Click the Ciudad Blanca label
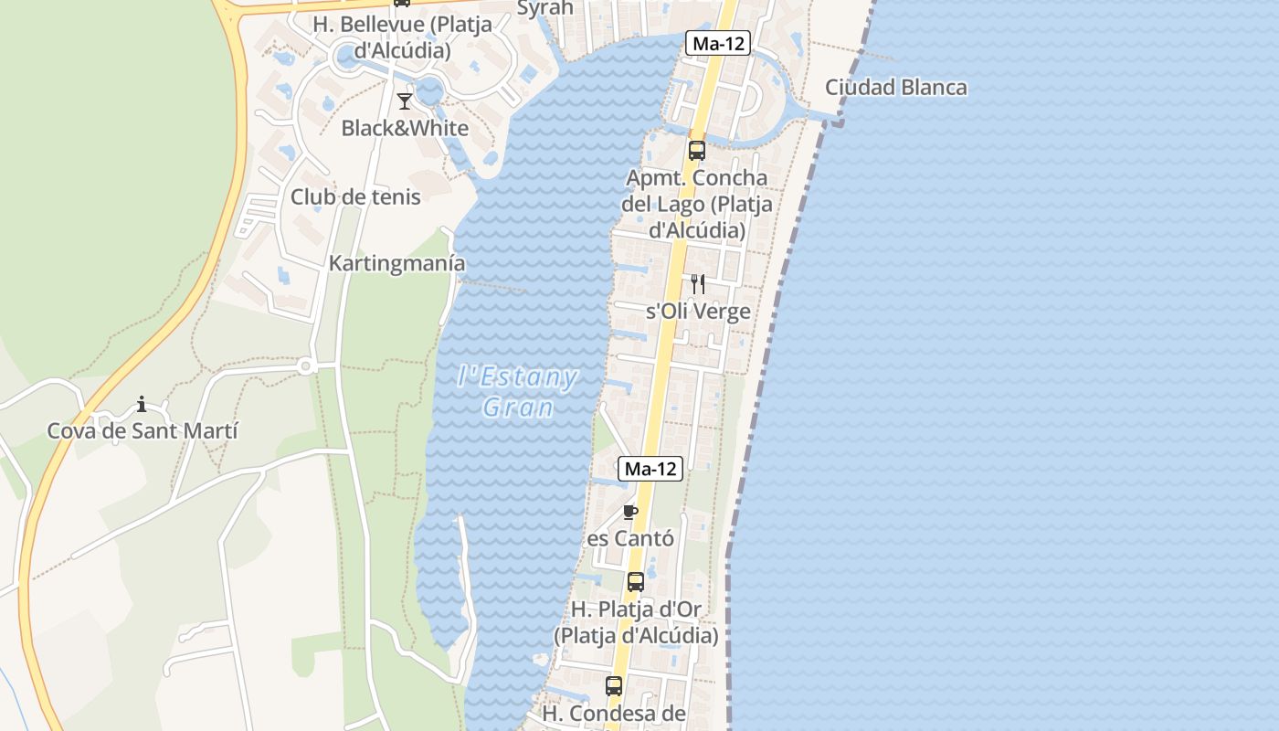tap(895, 88)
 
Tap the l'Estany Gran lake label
tap(518, 391)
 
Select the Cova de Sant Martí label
tap(143, 430)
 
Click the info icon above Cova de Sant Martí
tap(142, 404)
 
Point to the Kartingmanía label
tap(396, 263)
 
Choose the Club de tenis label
tap(355, 196)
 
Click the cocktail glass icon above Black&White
tap(405, 101)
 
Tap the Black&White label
tap(405, 128)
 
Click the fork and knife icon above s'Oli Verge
tap(697, 284)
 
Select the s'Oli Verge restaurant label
tap(698, 312)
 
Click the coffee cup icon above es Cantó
tap(629, 512)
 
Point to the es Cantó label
tap(630, 538)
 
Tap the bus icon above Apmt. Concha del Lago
tap(697, 151)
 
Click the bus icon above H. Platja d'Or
tap(636, 581)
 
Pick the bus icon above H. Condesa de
tap(614, 685)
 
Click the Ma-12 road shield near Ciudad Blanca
tap(718, 43)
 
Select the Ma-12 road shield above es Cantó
tap(650, 469)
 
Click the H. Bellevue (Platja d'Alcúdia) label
tap(403, 37)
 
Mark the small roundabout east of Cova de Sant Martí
tap(305, 366)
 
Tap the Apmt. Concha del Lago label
tap(697, 204)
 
